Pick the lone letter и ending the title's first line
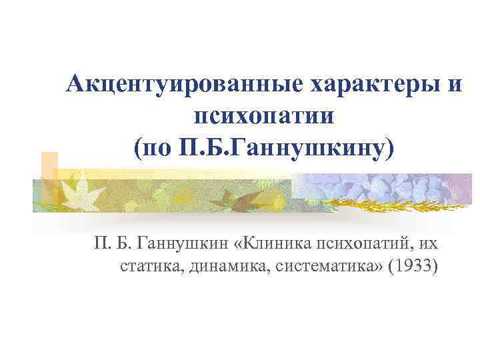pos(453,85)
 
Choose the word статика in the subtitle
pos(153,268)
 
